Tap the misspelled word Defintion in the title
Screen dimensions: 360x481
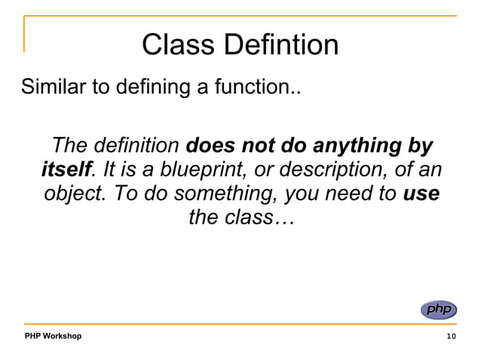[x=280, y=46]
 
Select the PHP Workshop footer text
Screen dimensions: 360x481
[x=53, y=335]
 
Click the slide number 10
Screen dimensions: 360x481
[x=451, y=336]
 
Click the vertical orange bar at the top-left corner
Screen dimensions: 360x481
[x=24, y=34]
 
